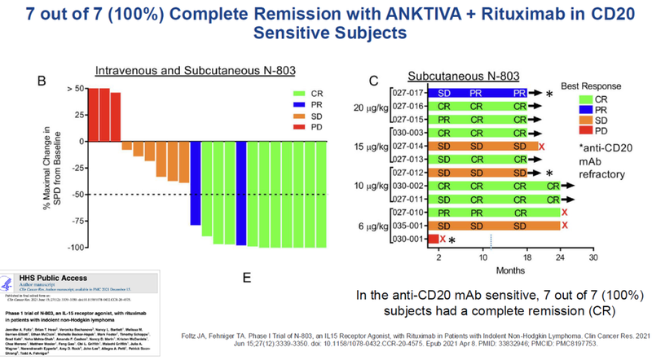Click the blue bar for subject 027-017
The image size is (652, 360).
point(478,94)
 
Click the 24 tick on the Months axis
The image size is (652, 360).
point(559,257)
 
